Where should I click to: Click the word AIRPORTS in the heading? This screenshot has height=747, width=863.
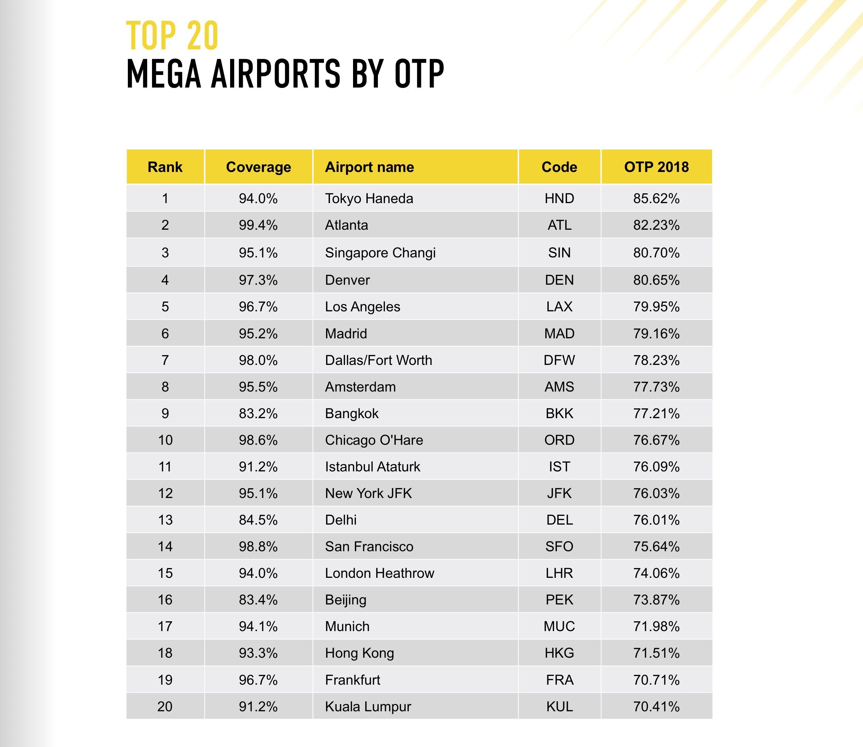tap(276, 74)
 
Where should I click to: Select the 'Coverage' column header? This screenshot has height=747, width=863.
tap(258, 167)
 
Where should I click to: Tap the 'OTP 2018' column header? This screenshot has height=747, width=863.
tap(656, 167)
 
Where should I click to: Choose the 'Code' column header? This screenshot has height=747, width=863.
tap(559, 167)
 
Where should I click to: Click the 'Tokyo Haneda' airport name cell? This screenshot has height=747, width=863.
tap(369, 199)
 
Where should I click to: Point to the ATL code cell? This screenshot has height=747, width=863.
tap(559, 225)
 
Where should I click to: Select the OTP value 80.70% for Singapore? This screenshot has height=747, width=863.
tap(656, 253)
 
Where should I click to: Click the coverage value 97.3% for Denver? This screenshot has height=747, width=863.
tap(258, 280)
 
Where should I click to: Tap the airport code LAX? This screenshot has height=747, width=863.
tap(559, 307)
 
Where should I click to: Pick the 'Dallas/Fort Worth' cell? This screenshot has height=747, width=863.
tap(379, 360)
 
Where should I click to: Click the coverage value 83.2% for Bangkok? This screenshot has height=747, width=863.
tap(258, 414)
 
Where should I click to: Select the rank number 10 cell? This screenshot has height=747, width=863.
tap(165, 440)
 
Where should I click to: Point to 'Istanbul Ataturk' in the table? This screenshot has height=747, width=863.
tap(373, 466)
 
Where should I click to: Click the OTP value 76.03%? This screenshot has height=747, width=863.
tap(656, 493)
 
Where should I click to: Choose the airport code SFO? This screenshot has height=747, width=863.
tap(559, 546)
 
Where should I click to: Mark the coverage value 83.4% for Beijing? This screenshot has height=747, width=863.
tap(258, 600)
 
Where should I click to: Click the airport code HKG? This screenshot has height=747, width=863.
tap(559, 653)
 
